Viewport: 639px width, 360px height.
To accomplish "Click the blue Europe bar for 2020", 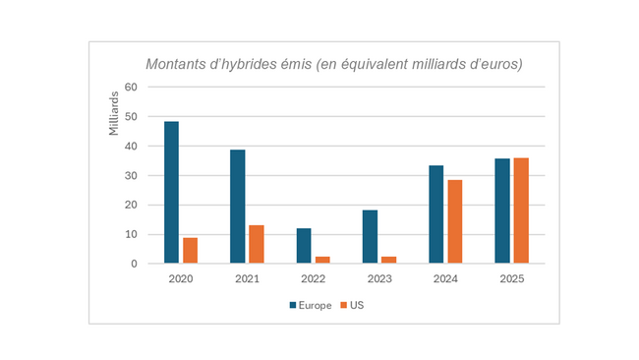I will point(171,193).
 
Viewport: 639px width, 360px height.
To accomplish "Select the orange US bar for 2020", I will point(190,251).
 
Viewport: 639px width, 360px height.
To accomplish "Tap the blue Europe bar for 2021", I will point(237,207).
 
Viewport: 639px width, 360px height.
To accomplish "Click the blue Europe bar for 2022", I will point(303,246).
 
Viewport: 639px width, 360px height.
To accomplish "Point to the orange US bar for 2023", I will point(388,260).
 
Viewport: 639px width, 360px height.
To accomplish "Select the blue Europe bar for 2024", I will point(436,214).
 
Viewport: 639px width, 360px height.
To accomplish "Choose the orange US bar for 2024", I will point(454,222).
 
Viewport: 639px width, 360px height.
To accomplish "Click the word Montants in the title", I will point(177,64).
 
